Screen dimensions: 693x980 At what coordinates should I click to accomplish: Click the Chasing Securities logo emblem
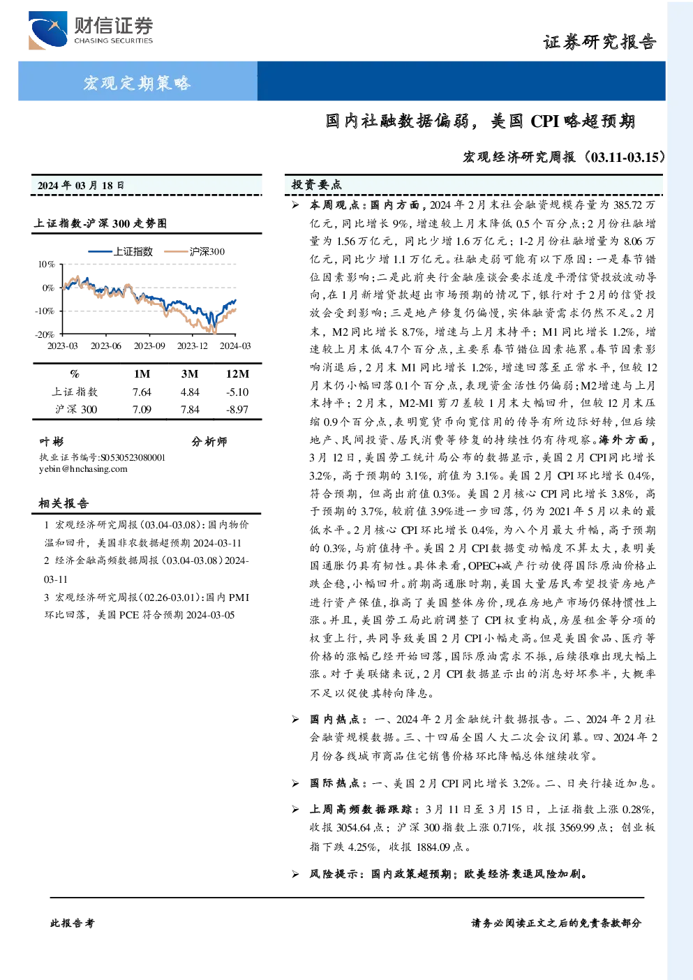tap(48, 30)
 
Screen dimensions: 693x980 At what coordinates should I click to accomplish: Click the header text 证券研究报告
tap(599, 42)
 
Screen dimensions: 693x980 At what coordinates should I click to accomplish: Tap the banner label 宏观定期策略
tap(137, 82)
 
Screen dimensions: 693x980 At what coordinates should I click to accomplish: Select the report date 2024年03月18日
tap(81, 186)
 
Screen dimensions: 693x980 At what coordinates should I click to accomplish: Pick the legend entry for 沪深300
tap(194, 251)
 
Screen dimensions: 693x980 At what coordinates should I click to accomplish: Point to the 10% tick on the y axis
tap(46, 265)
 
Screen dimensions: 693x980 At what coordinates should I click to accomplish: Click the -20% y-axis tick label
tap(45, 334)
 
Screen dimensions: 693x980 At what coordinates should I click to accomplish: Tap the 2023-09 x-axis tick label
tap(149, 346)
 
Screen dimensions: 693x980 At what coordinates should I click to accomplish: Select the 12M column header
tap(237, 374)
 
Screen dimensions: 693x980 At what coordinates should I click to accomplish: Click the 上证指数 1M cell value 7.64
tap(142, 392)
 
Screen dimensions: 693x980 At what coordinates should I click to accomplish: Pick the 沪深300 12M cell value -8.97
tap(237, 410)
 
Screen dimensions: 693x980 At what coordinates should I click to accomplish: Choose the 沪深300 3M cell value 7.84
tap(190, 410)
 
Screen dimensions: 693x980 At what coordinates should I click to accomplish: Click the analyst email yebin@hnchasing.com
tap(83, 469)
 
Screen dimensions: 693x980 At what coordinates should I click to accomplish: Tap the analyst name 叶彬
tap(52, 442)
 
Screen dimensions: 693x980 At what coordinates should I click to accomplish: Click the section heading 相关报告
tap(64, 503)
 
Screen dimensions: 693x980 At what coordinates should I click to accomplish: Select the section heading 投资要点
tap(317, 185)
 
